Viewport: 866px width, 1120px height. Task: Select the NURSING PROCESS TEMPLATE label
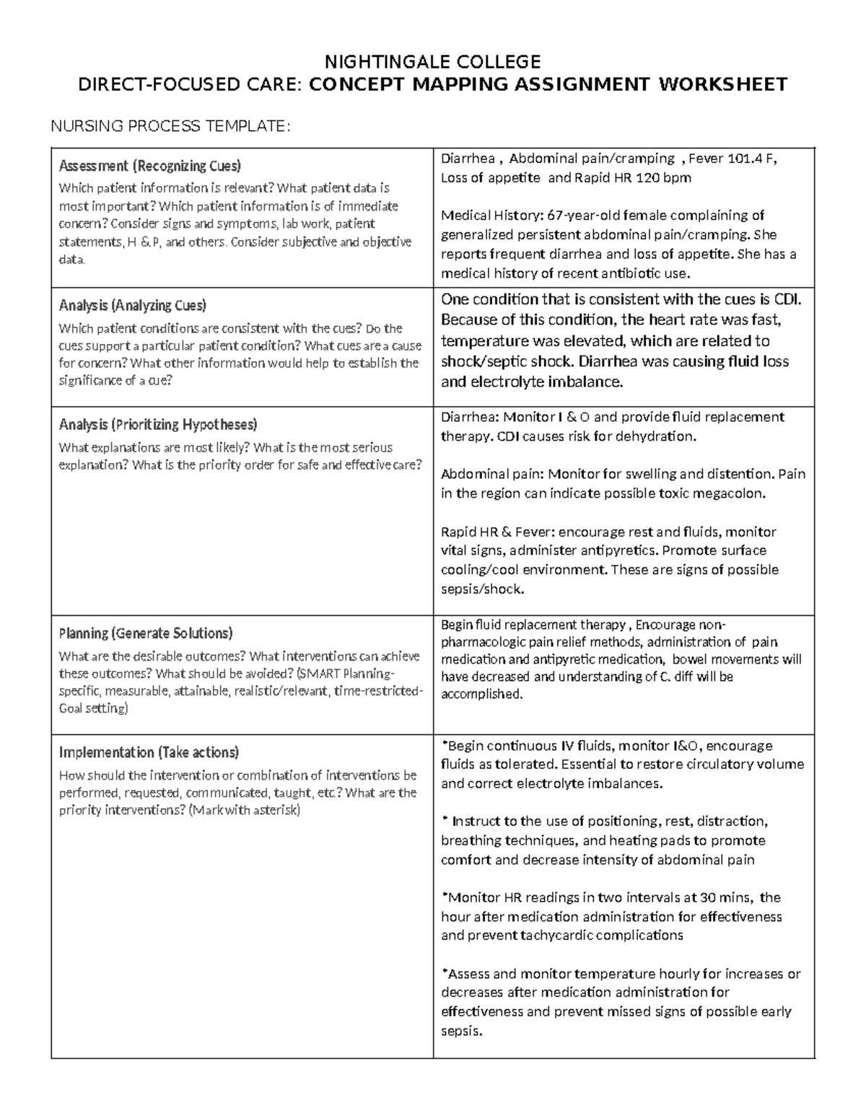[x=170, y=127]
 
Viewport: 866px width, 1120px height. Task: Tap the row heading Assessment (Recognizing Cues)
[x=149, y=166]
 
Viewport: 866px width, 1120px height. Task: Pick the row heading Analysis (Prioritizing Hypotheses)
[x=157, y=424]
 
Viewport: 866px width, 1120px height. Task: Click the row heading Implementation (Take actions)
[x=148, y=752]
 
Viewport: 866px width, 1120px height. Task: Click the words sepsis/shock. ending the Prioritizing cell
[x=481, y=589]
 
